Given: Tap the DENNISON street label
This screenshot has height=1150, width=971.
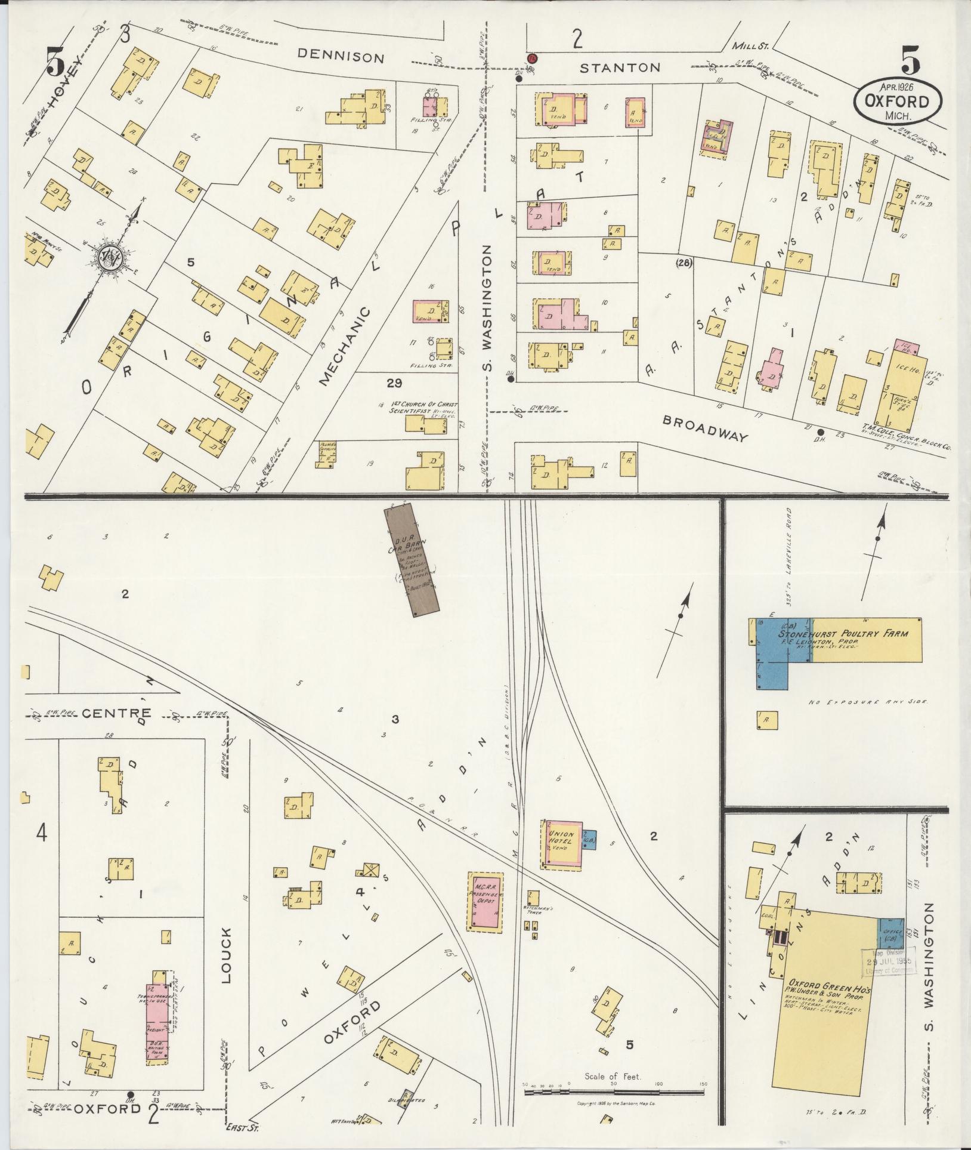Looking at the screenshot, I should (x=341, y=57).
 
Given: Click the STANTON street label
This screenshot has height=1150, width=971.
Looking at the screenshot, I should (x=620, y=67).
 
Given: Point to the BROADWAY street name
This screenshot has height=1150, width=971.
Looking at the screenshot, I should (x=706, y=428).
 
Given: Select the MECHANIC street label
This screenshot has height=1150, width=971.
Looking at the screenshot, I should (x=345, y=347).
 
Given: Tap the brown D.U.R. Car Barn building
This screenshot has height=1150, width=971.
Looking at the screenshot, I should (x=412, y=557).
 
